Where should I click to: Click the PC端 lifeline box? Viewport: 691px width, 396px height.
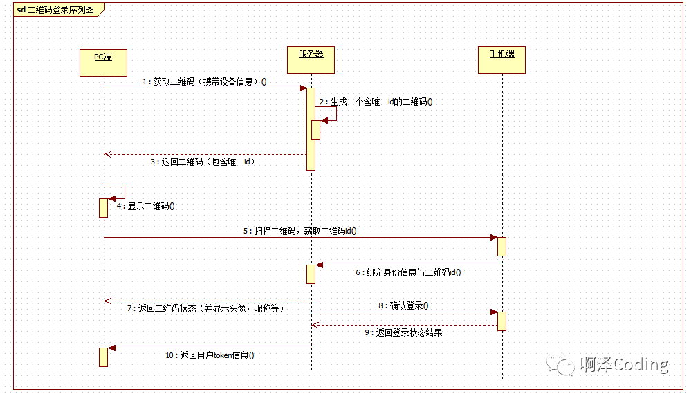coord(104,62)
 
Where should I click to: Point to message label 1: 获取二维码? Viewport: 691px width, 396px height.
coord(205,82)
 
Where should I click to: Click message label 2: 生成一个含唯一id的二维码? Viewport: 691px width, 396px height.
coord(376,102)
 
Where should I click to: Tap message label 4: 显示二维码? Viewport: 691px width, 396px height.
coord(146,206)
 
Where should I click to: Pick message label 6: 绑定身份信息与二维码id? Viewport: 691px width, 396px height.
coord(408,272)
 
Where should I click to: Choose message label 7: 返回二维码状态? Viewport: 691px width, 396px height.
coord(206,308)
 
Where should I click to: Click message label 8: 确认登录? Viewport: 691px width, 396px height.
coord(403,305)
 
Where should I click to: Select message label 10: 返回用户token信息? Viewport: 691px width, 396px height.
coord(210,355)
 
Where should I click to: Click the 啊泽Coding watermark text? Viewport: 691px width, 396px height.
coord(624,365)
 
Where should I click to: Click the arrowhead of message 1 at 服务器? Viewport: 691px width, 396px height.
coord(303,88)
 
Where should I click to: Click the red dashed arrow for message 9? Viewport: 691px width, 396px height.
coord(404,324)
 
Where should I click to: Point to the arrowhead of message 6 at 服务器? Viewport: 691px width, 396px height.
coord(320,265)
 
